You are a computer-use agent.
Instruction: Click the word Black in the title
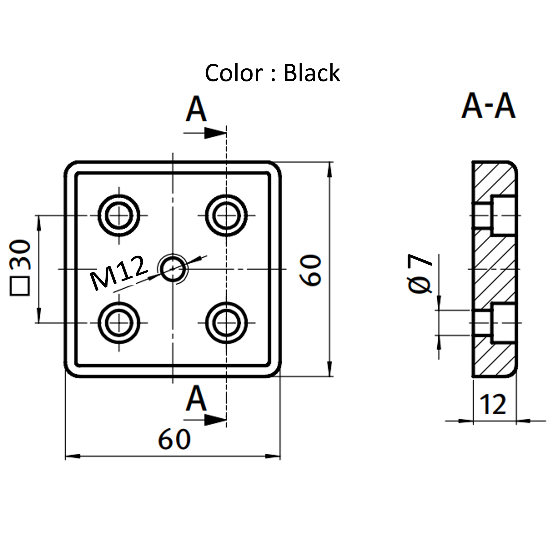pyautogui.click(x=312, y=73)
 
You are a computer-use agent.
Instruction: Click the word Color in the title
pyautogui.click(x=233, y=73)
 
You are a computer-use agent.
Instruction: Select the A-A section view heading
pyautogui.click(x=488, y=106)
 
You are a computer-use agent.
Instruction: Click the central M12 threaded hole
pyautogui.click(x=173, y=269)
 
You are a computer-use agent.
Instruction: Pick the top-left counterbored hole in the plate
pyautogui.click(x=119, y=215)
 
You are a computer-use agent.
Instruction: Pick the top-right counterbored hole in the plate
pyautogui.click(x=226, y=215)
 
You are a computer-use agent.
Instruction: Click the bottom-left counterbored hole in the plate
pyautogui.click(x=119, y=323)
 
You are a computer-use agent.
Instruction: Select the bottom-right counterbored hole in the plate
pyautogui.click(x=226, y=323)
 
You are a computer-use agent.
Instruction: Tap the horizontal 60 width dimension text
pyautogui.click(x=174, y=439)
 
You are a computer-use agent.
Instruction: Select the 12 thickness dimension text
pyautogui.click(x=493, y=405)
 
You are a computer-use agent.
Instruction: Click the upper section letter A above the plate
pyautogui.click(x=196, y=109)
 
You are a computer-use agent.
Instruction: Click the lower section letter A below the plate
pyautogui.click(x=196, y=399)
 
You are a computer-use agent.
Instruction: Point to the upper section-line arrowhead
pyautogui.click(x=215, y=133)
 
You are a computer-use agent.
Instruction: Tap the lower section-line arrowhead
pyautogui.click(x=215, y=420)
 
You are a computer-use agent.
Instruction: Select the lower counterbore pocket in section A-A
pyautogui.click(x=504, y=323)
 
